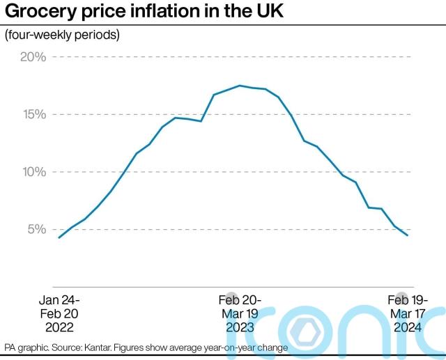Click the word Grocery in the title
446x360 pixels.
coord(43,12)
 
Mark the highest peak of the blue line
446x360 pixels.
coord(239,86)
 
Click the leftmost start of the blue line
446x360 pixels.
coord(59,238)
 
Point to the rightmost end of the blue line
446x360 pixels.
coord(408,235)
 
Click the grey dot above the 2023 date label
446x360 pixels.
coord(232,297)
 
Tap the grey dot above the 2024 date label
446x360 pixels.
coord(401,297)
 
